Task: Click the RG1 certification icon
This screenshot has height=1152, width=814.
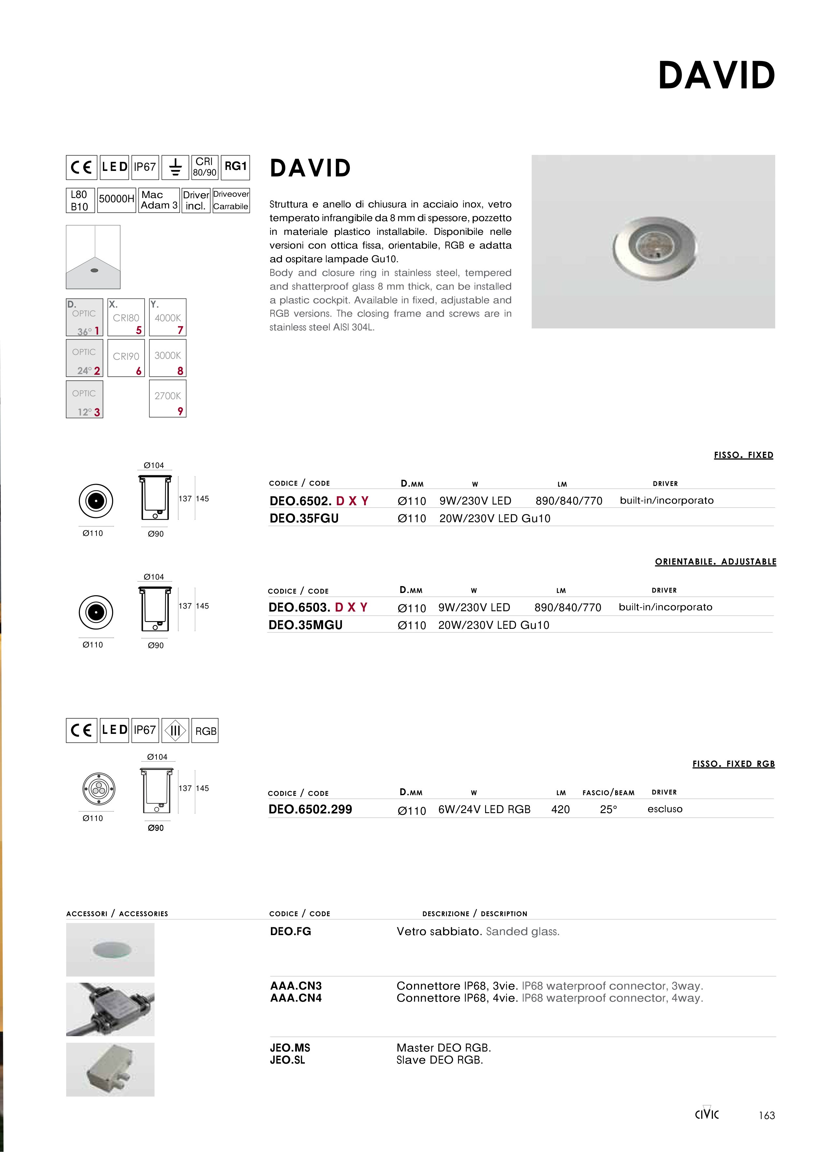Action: [235, 167]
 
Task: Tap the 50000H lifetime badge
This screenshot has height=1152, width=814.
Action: [116, 200]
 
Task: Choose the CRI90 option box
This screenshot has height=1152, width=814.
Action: [126, 358]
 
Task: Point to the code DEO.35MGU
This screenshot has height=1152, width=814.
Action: [305, 625]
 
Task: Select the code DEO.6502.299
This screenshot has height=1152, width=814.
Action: [310, 809]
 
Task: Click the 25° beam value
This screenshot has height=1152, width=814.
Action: [608, 809]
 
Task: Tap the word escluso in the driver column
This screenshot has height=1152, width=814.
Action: [665, 809]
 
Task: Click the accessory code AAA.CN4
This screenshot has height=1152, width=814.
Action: [296, 998]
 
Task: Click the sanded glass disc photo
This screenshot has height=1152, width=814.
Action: [112, 949]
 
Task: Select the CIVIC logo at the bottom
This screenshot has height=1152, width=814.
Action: [707, 1114]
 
